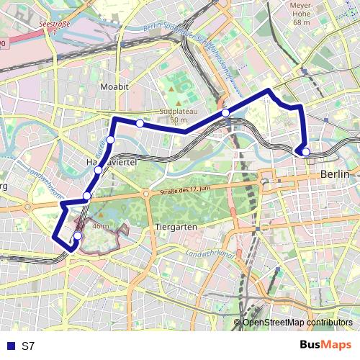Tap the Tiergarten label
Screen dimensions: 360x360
176,226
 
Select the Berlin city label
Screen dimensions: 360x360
335,174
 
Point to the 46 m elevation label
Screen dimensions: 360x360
101,226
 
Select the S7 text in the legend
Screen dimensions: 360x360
28,346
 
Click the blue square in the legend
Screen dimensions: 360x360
10,346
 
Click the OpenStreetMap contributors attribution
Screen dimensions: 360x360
297,323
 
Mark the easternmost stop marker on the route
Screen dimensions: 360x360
306,152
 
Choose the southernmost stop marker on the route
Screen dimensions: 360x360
78,235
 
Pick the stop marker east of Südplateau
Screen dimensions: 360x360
225,112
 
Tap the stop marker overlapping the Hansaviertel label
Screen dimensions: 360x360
98,170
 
